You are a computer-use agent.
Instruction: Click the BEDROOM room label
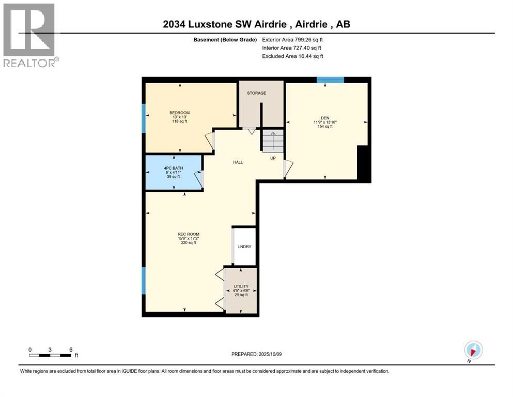point(179,113)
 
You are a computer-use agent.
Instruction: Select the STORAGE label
point(256,93)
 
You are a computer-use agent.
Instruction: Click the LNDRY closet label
point(244,247)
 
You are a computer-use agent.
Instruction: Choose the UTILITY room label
point(241,286)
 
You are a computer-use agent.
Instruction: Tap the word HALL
point(238,162)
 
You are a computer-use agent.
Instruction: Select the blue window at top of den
point(330,80)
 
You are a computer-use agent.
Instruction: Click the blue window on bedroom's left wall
point(144,118)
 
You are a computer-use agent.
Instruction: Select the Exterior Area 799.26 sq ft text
point(293,39)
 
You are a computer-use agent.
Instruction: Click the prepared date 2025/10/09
point(256,354)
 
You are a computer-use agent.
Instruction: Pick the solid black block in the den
point(364,163)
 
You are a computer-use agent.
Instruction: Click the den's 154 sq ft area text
point(325,127)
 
